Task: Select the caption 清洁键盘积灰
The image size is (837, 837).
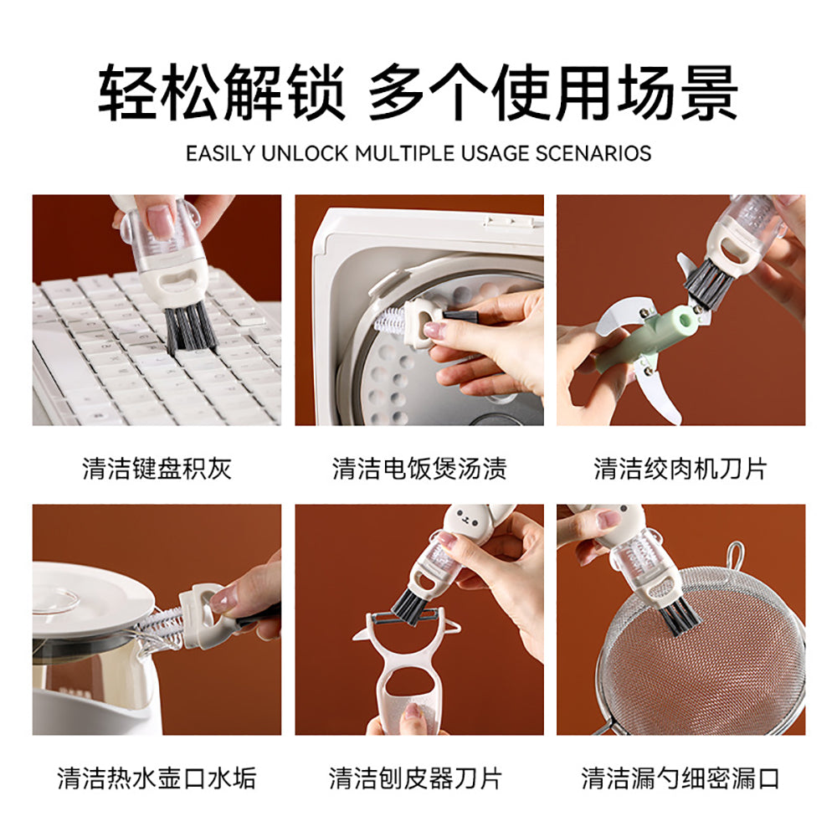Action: [157, 468]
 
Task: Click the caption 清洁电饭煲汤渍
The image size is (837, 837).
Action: [418, 468]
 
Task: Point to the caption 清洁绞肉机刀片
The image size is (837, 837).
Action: [680, 468]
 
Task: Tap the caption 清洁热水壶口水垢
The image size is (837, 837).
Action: [157, 778]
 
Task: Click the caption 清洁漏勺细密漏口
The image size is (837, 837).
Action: [680, 778]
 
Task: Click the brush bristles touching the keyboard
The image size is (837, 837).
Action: [190, 329]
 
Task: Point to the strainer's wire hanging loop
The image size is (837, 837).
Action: [735, 556]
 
